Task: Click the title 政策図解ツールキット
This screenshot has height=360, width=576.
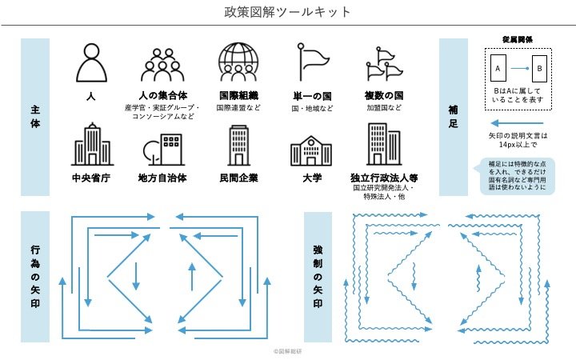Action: (287, 12)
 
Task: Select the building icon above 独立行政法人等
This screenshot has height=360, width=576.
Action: (383, 144)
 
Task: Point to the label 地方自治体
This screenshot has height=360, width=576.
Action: (163, 177)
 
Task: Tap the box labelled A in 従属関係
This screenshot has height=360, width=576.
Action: (498, 69)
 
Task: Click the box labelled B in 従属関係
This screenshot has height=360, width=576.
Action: (539, 69)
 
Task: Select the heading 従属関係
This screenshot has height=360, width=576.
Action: (518, 40)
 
